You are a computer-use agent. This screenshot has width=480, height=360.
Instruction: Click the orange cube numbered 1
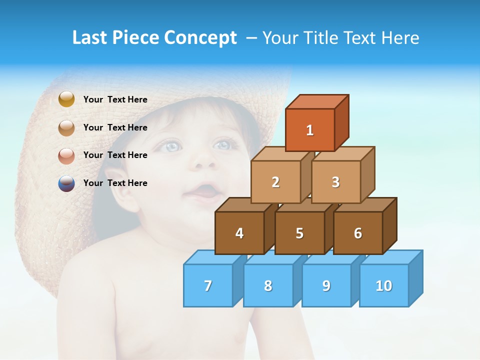pyautogui.click(x=310, y=130)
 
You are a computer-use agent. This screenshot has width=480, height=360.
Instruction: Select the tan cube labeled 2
pyautogui.click(x=275, y=182)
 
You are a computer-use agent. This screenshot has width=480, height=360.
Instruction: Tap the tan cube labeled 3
pyautogui.click(x=335, y=182)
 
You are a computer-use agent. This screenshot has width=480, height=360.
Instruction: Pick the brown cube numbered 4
pyautogui.click(x=239, y=233)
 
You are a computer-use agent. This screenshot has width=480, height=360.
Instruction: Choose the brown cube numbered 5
pyautogui.click(x=299, y=233)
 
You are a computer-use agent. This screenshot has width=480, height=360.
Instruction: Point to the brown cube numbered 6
pyautogui.click(x=358, y=233)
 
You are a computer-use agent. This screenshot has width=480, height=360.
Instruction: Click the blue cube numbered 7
pyautogui.click(x=208, y=285)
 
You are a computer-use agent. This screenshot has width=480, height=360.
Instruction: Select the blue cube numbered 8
pyautogui.click(x=268, y=285)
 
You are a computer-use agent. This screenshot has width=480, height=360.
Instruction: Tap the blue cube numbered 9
pyautogui.click(x=326, y=285)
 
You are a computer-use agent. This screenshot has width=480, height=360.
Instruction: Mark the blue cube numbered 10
pyautogui.click(x=383, y=285)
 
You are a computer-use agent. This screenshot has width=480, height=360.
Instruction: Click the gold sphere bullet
pyautogui.click(x=66, y=99)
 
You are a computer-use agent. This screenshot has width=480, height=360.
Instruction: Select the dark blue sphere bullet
pyautogui.click(x=66, y=183)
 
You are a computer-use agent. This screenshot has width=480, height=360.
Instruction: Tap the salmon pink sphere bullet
pyautogui.click(x=66, y=156)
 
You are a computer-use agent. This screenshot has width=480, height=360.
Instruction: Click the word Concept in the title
pyautogui.click(x=201, y=38)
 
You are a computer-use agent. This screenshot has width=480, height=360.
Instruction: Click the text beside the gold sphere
pyautogui.click(x=115, y=99)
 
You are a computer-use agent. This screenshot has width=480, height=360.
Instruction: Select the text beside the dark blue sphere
pyautogui.click(x=115, y=183)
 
